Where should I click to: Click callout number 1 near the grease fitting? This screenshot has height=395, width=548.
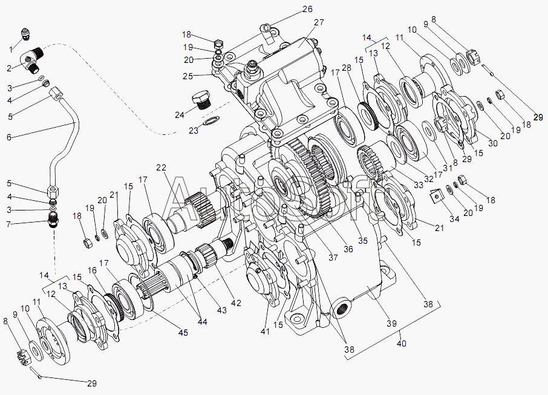11,50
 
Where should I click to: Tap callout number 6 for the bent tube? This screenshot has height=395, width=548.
8,137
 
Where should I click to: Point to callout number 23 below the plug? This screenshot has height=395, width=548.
194,131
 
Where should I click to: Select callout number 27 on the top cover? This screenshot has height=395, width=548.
319,22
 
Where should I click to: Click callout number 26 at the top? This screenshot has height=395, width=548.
307,8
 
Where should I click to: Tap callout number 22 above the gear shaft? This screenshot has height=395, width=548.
161,168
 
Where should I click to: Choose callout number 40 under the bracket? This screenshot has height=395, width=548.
402,343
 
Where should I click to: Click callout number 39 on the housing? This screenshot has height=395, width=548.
391,324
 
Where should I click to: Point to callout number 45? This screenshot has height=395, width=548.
183,333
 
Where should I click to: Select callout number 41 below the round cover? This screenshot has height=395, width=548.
266,331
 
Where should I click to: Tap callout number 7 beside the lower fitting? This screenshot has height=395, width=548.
8,224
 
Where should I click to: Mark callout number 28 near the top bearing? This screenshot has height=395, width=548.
347,68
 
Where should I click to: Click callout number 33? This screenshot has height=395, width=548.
419,184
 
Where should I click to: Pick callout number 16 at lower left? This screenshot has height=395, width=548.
92,270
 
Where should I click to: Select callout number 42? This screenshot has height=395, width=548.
236,302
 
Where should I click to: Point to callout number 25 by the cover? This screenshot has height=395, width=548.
188,76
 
